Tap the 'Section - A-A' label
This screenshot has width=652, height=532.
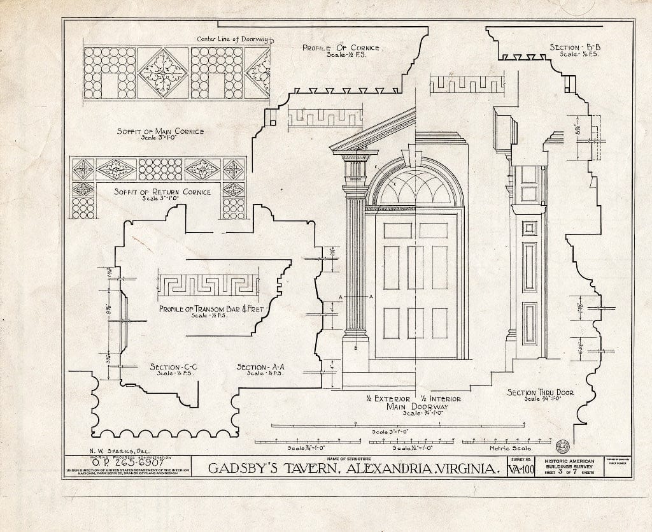coord(259,368)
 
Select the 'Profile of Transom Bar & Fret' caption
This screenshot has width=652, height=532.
coord(211,310)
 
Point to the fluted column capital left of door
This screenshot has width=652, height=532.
coord(355,168)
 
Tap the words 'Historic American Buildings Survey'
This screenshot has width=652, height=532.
coord(572,464)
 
